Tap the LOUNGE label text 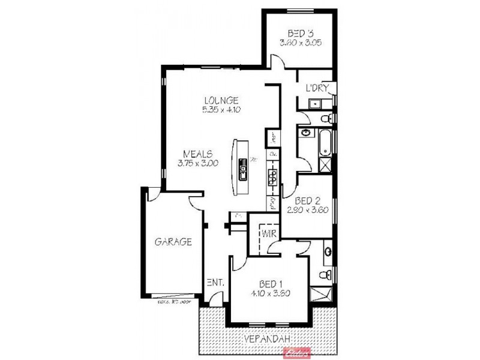point(221,100)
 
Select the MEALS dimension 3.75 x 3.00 point(197,163)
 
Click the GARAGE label point(173,242)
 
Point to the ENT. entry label point(215,283)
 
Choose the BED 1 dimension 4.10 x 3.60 point(271,293)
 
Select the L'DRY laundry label point(316,88)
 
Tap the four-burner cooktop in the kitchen point(272,175)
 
